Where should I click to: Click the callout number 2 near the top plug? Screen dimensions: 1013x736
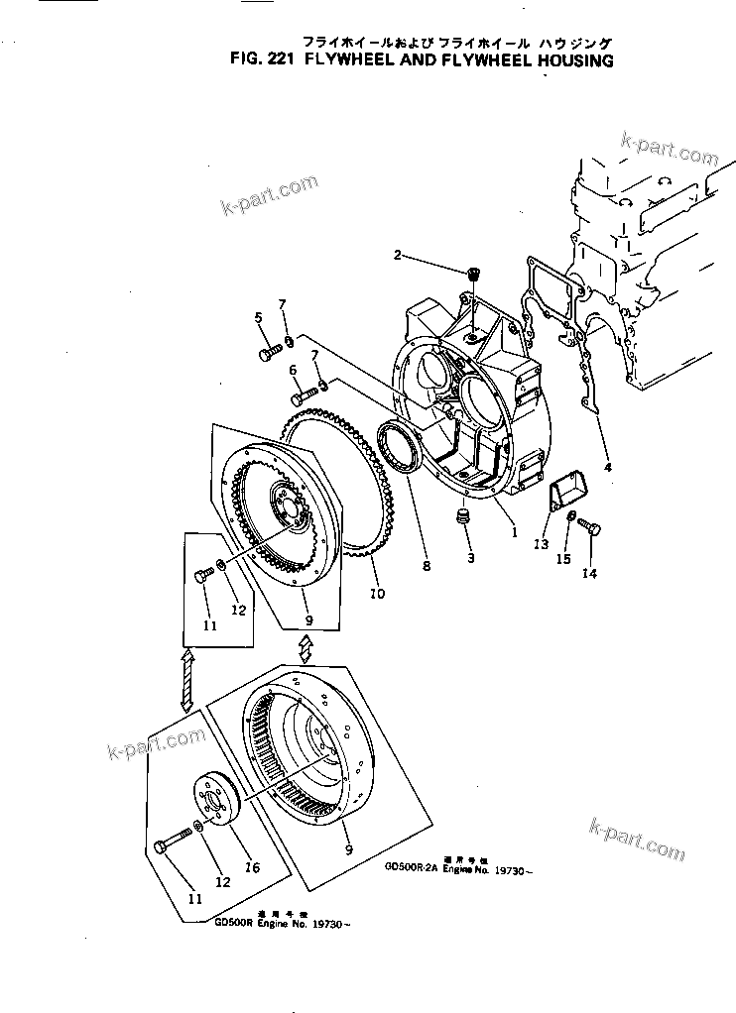[398, 256]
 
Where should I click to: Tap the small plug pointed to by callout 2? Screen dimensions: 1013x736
[473, 273]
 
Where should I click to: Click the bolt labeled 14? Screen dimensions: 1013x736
[586, 529]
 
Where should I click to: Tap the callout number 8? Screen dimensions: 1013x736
[426, 568]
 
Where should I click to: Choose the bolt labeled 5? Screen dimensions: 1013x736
[268, 352]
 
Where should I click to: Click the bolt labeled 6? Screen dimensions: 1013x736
[304, 397]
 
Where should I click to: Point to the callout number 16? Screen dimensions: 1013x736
[252, 867]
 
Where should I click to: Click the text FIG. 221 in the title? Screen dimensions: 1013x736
[257, 59]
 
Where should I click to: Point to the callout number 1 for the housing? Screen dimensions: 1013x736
[514, 529]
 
